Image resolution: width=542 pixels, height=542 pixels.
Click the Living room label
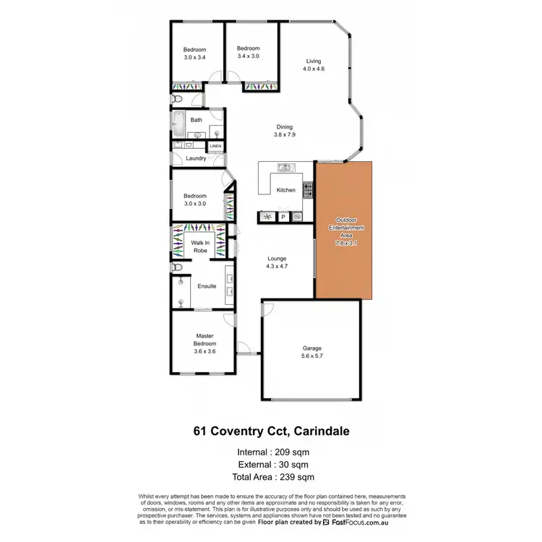[x=313, y=61]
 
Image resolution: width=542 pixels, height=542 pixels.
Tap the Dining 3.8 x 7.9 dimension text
[x=284, y=134]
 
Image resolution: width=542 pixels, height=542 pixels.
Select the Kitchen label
[x=286, y=190]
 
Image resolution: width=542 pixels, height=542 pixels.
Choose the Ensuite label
[x=197, y=286]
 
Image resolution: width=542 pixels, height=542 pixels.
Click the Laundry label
[x=196, y=158]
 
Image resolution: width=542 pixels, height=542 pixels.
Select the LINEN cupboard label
[x=215, y=146]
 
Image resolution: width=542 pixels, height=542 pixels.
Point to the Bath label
[x=196, y=120]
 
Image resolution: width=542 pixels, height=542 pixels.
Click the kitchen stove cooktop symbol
[x=308, y=190]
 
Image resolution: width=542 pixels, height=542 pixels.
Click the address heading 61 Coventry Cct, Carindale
[x=270, y=432]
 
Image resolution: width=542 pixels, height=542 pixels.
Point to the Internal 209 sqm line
[x=271, y=453]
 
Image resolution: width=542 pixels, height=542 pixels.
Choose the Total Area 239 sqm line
[x=271, y=477]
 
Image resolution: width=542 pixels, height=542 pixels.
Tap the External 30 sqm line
[x=271, y=465]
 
